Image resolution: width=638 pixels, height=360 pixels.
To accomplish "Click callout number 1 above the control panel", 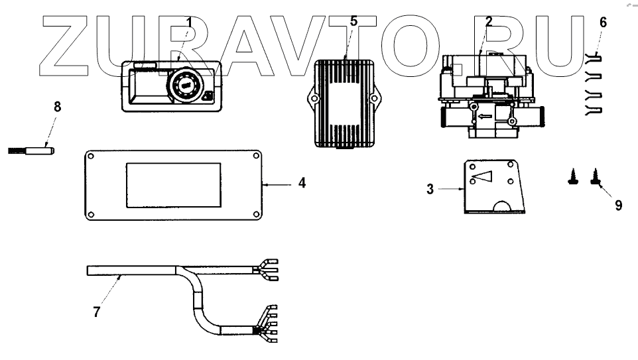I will click(189, 23).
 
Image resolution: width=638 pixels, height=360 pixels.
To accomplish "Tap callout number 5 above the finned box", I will click(353, 21).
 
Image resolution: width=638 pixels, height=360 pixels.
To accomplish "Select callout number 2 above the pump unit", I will click(488, 21).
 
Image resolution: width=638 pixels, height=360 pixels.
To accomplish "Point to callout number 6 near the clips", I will click(602, 22).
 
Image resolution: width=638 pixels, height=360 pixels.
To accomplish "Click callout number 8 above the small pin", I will click(56, 107).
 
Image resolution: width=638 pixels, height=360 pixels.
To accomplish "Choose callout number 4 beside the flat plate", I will click(301, 182).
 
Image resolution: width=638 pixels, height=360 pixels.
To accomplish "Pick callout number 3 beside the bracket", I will click(430, 190).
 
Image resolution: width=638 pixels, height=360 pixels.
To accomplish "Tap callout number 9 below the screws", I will click(618, 205).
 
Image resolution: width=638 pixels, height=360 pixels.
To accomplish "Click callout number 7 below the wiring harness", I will click(97, 311).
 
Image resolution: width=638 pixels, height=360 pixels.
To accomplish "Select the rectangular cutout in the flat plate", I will click(172, 184).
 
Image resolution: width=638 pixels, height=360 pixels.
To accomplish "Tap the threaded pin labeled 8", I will click(31, 149).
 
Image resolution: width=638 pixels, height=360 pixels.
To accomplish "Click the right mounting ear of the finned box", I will click(375, 99).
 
